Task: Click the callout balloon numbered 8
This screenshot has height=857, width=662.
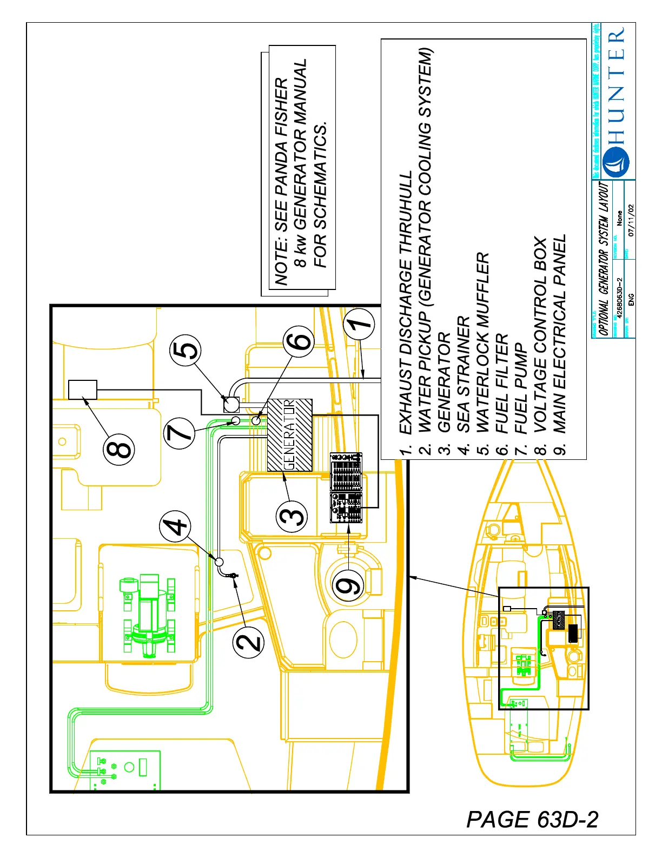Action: (x=120, y=449)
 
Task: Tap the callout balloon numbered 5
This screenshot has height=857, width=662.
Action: (x=186, y=350)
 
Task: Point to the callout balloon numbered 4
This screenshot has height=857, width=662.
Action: (x=175, y=526)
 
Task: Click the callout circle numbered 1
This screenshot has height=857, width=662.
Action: (x=359, y=324)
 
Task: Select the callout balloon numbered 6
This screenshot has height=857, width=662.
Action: (x=299, y=341)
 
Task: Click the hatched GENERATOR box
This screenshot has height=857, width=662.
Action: (x=289, y=435)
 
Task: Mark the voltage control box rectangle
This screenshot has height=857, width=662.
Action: (x=83, y=390)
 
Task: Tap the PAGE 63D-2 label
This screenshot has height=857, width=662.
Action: (x=532, y=820)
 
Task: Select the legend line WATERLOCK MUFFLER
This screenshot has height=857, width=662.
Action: (x=482, y=342)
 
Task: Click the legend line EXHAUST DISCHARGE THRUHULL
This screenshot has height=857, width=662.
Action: (x=406, y=303)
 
